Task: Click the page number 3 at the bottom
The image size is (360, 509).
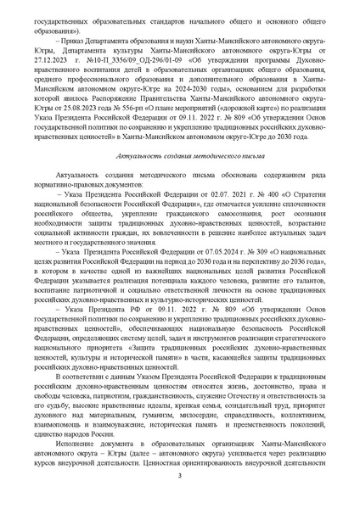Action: point(180,486)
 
